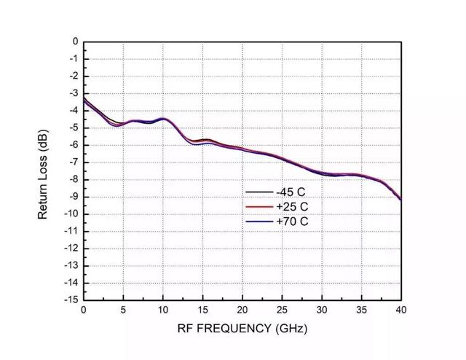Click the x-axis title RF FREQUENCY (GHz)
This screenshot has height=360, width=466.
coord(242,329)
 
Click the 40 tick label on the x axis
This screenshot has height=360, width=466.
coord(400,310)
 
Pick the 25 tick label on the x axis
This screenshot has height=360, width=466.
coord(281,310)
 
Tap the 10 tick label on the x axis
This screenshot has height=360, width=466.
coord(162,310)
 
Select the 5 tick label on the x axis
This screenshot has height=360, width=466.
coord(123,310)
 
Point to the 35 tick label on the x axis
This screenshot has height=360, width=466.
coord(360,310)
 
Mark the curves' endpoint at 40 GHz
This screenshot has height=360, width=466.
coord(400,199)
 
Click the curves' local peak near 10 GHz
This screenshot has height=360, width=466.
coord(163,118)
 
